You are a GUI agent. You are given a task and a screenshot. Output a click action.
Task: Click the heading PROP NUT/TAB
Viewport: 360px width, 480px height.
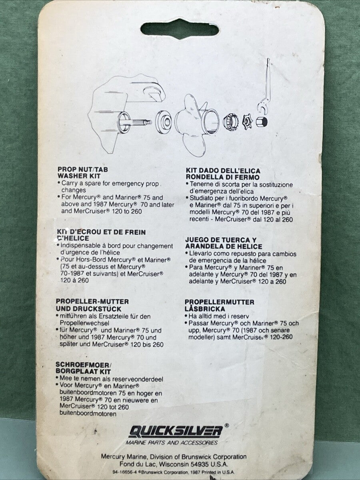(83, 169)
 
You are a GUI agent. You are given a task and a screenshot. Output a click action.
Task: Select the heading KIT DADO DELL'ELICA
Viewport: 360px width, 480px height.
(223, 170)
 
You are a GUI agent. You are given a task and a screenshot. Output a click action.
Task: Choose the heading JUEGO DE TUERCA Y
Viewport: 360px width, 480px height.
(221, 240)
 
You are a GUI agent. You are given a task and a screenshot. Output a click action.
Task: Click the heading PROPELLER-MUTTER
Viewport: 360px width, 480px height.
(92, 301)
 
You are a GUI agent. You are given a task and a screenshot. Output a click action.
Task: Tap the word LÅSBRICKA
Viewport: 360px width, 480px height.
(205, 309)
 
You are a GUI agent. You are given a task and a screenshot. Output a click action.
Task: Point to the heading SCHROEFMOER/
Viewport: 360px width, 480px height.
(84, 364)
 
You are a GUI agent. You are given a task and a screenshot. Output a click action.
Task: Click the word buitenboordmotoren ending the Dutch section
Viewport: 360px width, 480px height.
(88, 414)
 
